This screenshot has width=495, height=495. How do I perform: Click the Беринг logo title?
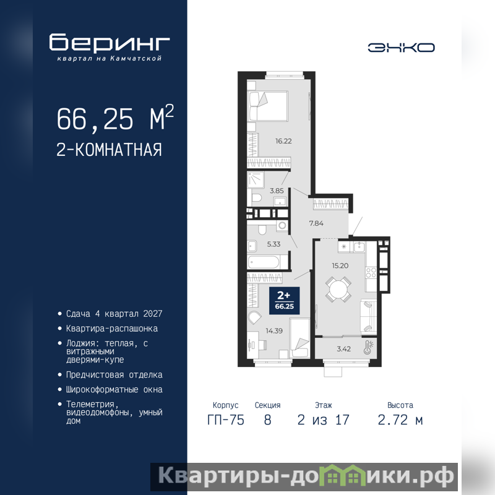(110, 42)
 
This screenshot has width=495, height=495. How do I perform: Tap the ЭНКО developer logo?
(401, 48)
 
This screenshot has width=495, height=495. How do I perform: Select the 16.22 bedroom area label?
(283, 141)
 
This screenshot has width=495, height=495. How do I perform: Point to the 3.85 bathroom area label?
(277, 191)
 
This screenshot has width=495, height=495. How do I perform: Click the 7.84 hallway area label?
(316, 223)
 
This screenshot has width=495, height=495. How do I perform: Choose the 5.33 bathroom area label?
(273, 244)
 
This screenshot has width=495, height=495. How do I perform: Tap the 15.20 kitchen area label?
(340, 266)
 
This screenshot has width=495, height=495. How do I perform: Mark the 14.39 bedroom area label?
(274, 331)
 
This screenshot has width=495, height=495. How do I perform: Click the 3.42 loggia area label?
(343, 349)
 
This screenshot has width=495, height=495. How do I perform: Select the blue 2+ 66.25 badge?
(284, 301)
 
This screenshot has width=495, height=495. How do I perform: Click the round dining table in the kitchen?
(338, 289)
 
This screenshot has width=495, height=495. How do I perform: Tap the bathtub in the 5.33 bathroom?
(264, 262)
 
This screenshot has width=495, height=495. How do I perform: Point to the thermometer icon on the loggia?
(368, 347)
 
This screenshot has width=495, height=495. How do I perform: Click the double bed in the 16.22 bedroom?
(268, 106)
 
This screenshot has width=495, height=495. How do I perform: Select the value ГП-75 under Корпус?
(226, 420)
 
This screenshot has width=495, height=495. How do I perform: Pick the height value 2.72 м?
(400, 420)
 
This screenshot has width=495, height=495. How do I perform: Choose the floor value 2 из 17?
(323, 420)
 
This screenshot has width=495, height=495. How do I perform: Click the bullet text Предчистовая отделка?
(114, 375)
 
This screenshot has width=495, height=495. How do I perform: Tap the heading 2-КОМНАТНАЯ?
(110, 150)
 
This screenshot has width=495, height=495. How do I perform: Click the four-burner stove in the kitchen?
(371, 273)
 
